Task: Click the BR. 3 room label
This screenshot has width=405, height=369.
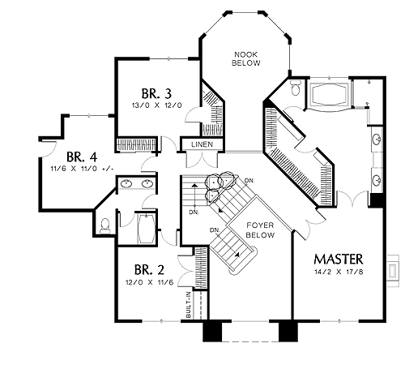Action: click(156, 94)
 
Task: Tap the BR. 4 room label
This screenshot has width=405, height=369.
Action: click(82, 157)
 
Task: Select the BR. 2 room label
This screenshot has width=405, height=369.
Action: click(149, 270)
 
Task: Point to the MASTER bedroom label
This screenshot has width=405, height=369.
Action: click(339, 260)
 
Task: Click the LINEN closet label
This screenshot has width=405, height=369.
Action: click(202, 144)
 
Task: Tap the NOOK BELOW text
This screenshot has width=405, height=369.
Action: click(246, 58)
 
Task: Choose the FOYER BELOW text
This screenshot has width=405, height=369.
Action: click(260, 230)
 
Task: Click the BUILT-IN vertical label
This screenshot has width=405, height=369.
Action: click(189, 305)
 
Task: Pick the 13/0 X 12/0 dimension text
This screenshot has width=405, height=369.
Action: click(157, 105)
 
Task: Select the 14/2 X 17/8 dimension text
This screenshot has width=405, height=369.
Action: click(339, 272)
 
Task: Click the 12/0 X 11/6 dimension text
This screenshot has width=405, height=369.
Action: click(149, 282)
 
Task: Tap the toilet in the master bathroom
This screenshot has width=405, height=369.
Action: click(295, 88)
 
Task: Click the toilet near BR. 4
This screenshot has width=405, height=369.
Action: click(105, 226)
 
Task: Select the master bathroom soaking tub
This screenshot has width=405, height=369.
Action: click(329, 94)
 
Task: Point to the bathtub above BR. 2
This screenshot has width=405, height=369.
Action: click(146, 229)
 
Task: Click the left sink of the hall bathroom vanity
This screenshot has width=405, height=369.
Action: click(126, 184)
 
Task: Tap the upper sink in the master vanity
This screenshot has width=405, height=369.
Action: click(377, 139)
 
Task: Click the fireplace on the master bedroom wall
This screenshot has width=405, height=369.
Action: click(392, 270)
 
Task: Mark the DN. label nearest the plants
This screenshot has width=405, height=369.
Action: click(249, 180)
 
